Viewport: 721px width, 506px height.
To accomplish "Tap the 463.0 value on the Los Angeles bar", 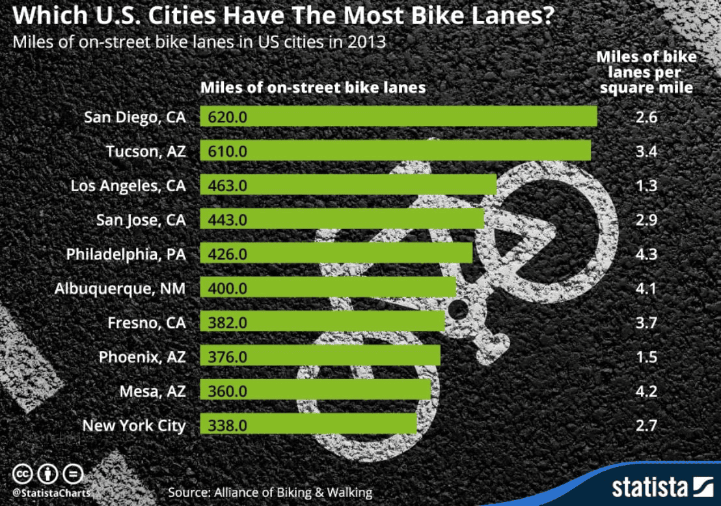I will [228, 185].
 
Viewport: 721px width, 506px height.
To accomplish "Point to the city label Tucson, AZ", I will [146, 152].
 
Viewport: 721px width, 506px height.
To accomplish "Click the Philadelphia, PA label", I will [126, 254].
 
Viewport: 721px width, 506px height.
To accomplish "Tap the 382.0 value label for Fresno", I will [228, 323].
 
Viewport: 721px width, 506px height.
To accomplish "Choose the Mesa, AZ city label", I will [152, 392].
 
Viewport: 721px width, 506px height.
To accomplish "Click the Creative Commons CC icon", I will [23, 473].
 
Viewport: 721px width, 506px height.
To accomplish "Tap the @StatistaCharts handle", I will [51, 492].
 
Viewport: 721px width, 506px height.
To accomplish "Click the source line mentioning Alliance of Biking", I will [270, 492].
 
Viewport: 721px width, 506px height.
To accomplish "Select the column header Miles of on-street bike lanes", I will [312, 88].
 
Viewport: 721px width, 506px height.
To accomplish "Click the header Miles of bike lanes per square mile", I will [646, 72].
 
